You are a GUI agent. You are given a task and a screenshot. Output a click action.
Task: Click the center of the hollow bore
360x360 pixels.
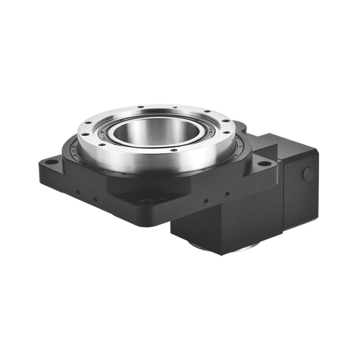click(155, 133)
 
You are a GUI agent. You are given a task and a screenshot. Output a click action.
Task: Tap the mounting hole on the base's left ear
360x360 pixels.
click(52, 162)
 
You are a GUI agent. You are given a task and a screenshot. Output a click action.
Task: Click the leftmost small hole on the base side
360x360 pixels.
click(77, 192)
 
